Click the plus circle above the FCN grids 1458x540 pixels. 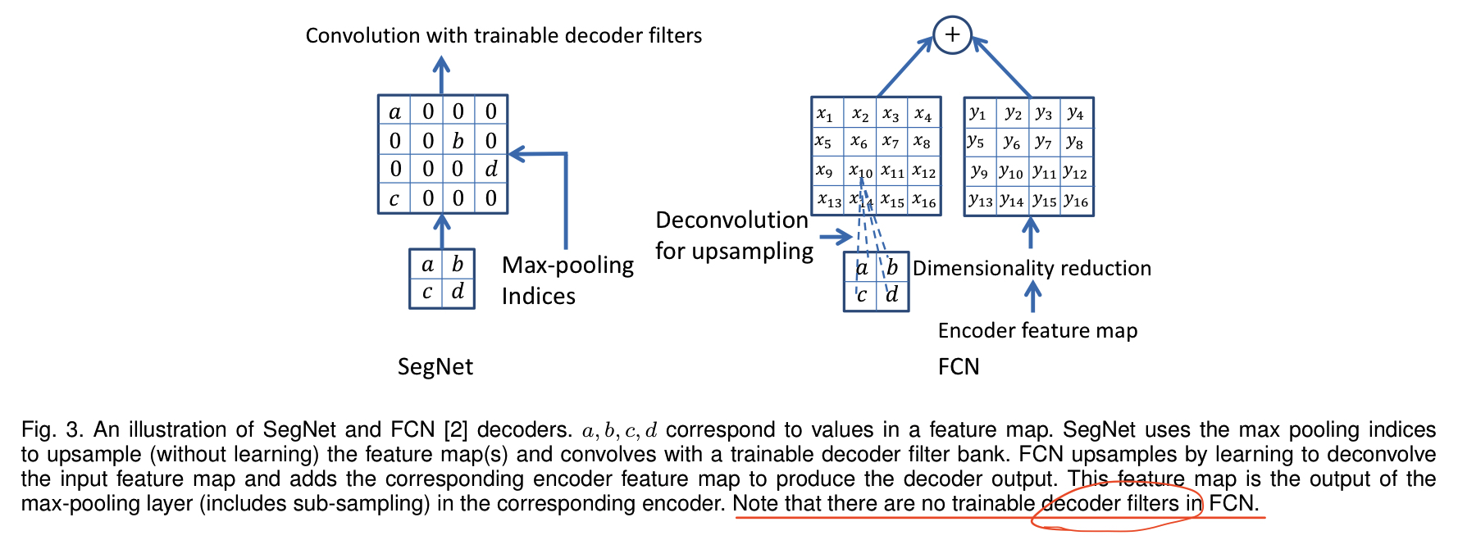point(952,34)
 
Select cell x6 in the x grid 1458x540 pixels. point(859,142)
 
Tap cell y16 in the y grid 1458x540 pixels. point(1076,200)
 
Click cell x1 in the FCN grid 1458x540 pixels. point(826,113)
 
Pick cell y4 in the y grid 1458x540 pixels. point(1076,112)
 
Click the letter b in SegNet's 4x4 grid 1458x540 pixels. point(458,141)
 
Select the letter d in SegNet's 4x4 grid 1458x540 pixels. point(490,170)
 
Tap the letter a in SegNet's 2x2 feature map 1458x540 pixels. point(427,265)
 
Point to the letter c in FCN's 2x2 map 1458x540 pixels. point(861,295)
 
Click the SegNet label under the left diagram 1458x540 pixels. point(435,366)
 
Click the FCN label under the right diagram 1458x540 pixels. point(959,366)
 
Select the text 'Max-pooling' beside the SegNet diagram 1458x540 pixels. point(568,265)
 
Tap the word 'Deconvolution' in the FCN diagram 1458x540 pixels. point(732,220)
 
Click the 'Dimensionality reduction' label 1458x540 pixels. point(1032,268)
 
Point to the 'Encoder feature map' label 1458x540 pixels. point(1037,330)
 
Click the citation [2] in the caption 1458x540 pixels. point(457,430)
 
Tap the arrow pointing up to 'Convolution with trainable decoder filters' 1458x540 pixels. point(442,75)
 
